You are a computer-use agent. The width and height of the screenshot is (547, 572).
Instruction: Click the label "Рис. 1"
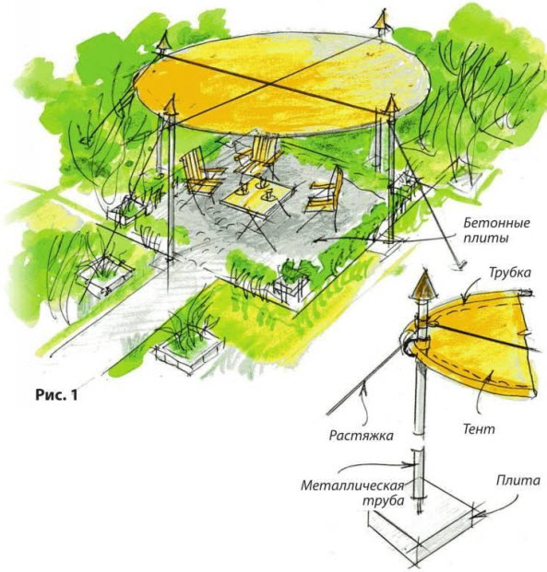[x=56, y=395]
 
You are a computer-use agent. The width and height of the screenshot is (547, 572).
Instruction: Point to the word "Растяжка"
[x=361, y=436]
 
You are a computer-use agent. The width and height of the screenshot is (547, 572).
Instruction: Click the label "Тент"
[x=479, y=428]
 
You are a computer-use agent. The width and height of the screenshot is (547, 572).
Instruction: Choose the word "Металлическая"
[x=353, y=485]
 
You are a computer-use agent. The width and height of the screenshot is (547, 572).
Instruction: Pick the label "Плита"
[x=517, y=481]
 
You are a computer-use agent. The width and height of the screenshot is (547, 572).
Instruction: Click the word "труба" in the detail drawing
[x=384, y=501]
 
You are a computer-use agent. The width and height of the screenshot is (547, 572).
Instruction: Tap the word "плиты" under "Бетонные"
[x=486, y=239]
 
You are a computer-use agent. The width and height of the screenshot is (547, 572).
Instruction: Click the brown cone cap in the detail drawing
[x=423, y=285]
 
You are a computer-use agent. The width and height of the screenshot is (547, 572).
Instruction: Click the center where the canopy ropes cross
[x=270, y=85]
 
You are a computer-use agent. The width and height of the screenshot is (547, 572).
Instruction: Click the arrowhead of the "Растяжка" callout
[x=363, y=390]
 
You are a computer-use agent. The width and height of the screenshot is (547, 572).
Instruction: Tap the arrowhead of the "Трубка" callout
[x=464, y=302]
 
